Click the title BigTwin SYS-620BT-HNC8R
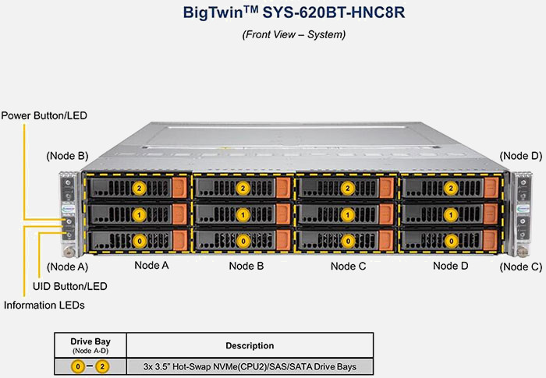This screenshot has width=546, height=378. [x=272, y=13]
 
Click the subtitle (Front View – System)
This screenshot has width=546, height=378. [x=272, y=34]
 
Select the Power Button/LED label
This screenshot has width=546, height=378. [x=44, y=115]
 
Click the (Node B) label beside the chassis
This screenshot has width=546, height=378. [x=67, y=156]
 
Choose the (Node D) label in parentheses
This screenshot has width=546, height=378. [x=520, y=156]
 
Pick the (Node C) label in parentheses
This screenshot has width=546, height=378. [x=520, y=267]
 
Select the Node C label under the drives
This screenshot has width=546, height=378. [x=348, y=266]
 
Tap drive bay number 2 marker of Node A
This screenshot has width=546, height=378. [x=140, y=188]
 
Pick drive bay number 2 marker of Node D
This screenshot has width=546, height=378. [x=449, y=188]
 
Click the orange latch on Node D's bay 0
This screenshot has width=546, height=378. [x=490, y=240]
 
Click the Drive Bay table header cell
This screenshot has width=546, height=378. [x=90, y=344]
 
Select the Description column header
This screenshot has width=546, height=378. [x=250, y=344]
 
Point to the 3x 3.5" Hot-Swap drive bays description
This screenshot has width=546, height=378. [x=250, y=366]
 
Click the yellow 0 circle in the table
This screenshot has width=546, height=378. [x=78, y=366]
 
